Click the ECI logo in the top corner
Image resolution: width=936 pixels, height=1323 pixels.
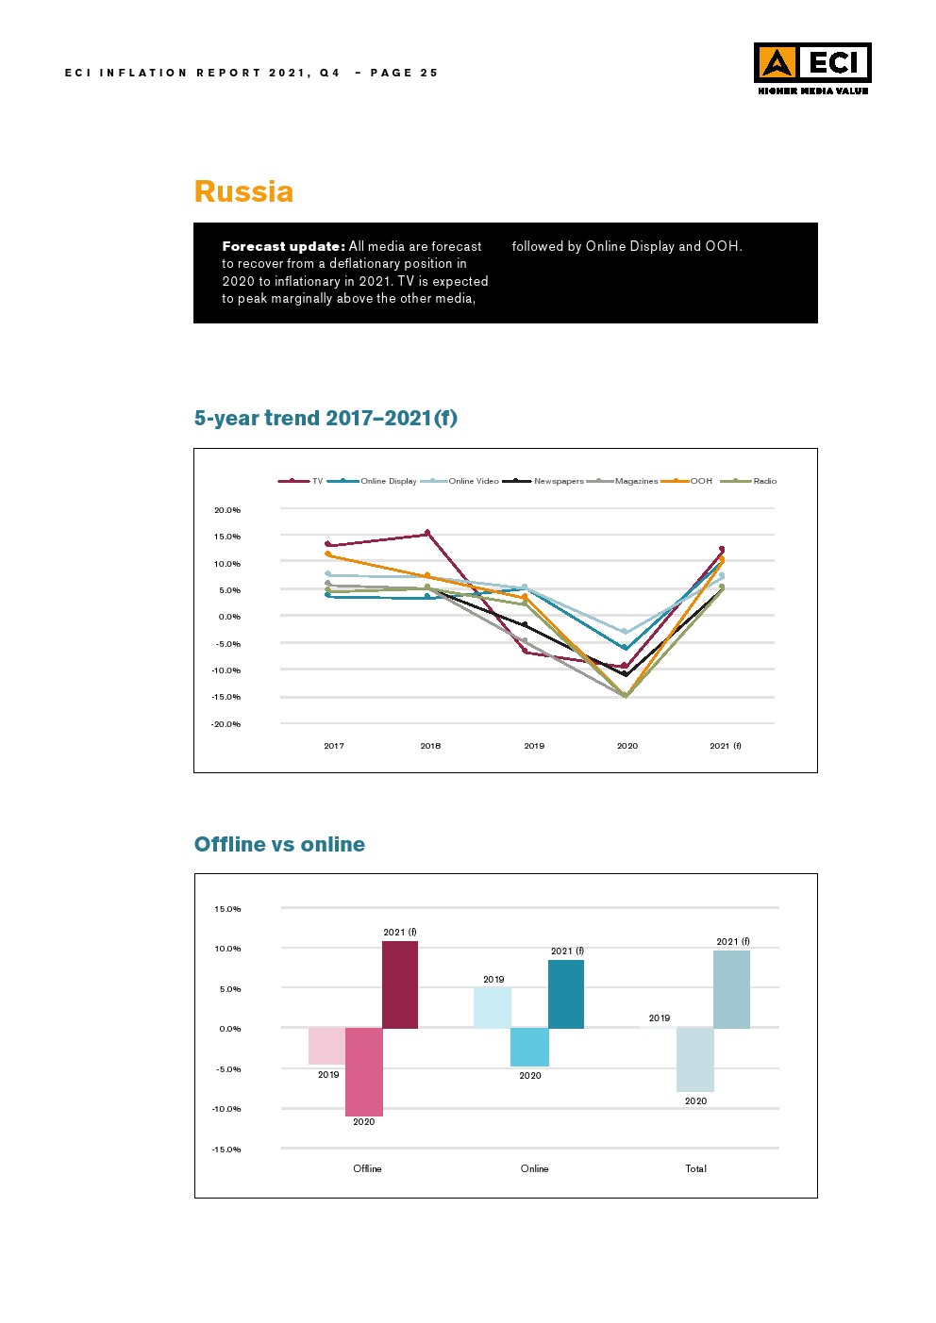[811, 68]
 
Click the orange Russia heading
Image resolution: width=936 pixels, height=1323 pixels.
[243, 191]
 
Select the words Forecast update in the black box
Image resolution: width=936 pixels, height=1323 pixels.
[283, 246]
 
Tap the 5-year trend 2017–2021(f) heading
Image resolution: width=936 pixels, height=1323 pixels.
[326, 418]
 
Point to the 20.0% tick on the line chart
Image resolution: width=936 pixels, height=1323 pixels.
[227, 510]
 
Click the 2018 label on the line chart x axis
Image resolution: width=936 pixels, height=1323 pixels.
[430, 746]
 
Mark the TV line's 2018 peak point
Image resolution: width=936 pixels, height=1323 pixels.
[427, 533]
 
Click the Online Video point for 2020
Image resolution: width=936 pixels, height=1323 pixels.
[625, 632]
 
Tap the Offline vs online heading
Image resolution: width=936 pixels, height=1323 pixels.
[279, 844]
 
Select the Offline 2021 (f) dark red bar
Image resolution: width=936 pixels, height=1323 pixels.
[400, 984]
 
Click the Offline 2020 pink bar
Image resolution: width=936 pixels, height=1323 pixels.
[364, 1072]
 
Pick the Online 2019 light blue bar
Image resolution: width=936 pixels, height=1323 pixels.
[493, 1008]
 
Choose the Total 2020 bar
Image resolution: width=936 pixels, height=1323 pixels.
[695, 1060]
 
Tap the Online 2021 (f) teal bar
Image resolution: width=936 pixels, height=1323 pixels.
[566, 994]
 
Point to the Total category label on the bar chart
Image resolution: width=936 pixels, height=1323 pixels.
[695, 1168]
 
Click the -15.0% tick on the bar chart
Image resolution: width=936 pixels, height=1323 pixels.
[227, 1149]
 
